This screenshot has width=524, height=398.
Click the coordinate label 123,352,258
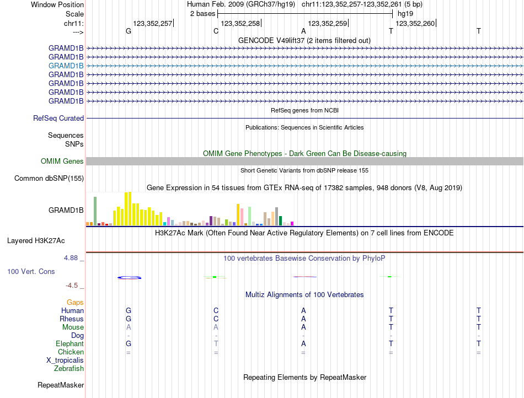[x=240, y=23]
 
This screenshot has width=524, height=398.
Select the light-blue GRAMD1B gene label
[x=66, y=66]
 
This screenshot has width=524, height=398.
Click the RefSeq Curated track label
[x=58, y=118]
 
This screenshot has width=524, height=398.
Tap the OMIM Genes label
[x=62, y=161]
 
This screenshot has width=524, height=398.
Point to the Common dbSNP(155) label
[x=49, y=178]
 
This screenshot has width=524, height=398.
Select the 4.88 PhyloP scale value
[x=71, y=257]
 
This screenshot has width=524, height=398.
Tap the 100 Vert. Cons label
[x=31, y=271]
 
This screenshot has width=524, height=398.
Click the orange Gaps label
[x=75, y=302]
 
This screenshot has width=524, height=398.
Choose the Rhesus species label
[x=72, y=319]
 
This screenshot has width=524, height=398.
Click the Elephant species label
[x=70, y=343]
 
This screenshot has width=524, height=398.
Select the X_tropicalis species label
[x=65, y=360]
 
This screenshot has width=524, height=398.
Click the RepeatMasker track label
[x=61, y=384]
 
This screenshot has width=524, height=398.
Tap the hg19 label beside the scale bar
[x=405, y=13]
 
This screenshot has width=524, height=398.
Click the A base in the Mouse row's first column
[x=129, y=327]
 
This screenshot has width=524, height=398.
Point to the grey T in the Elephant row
[x=216, y=343]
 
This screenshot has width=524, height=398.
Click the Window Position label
[x=57, y=4]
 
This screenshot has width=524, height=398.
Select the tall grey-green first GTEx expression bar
[x=95, y=211]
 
